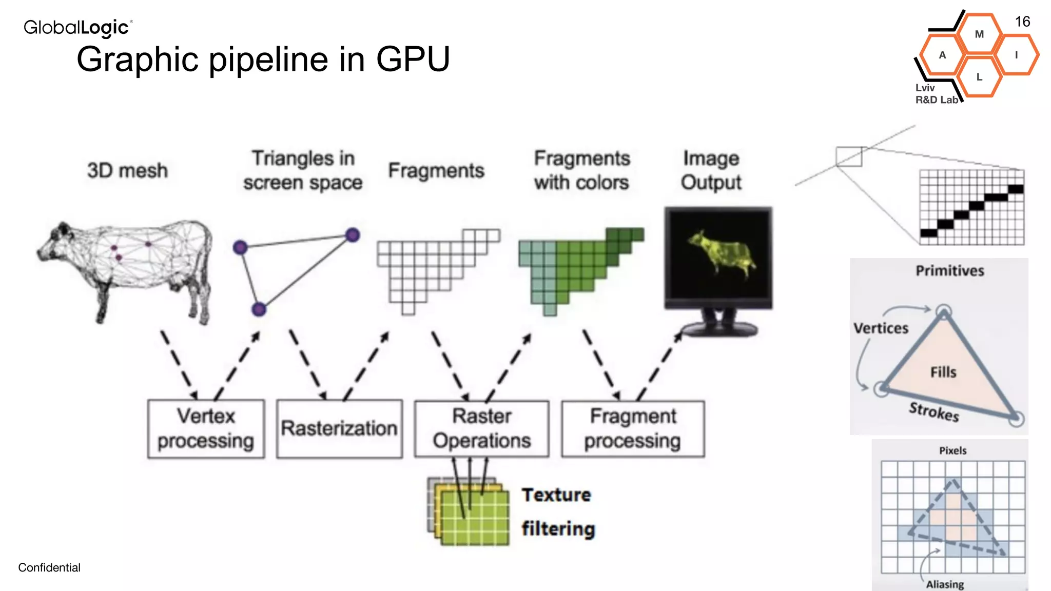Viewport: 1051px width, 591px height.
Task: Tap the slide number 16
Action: [1022, 22]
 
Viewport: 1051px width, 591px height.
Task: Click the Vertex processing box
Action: [206, 428]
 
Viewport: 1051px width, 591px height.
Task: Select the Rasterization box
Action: [339, 428]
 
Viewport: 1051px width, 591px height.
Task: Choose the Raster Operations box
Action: [481, 428]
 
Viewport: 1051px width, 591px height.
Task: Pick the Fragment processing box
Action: [633, 428]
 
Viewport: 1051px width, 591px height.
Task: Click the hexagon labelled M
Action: [979, 34]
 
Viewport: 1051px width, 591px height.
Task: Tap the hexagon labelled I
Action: [1016, 55]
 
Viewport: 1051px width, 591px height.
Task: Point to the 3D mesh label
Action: [127, 170]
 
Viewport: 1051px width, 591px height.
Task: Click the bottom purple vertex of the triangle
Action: [259, 309]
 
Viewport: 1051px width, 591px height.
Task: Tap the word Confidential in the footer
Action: [49, 567]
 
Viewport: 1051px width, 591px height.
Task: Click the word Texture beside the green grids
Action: [556, 495]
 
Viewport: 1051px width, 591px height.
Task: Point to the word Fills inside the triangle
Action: [943, 372]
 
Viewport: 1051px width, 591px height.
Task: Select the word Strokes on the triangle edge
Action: [934, 411]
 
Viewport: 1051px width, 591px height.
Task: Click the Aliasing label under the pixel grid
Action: [945, 584]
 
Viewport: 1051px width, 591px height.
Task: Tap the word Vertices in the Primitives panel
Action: [881, 328]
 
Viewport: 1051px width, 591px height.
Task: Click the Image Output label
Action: [711, 170]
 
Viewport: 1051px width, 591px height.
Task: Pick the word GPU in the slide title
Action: [413, 59]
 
